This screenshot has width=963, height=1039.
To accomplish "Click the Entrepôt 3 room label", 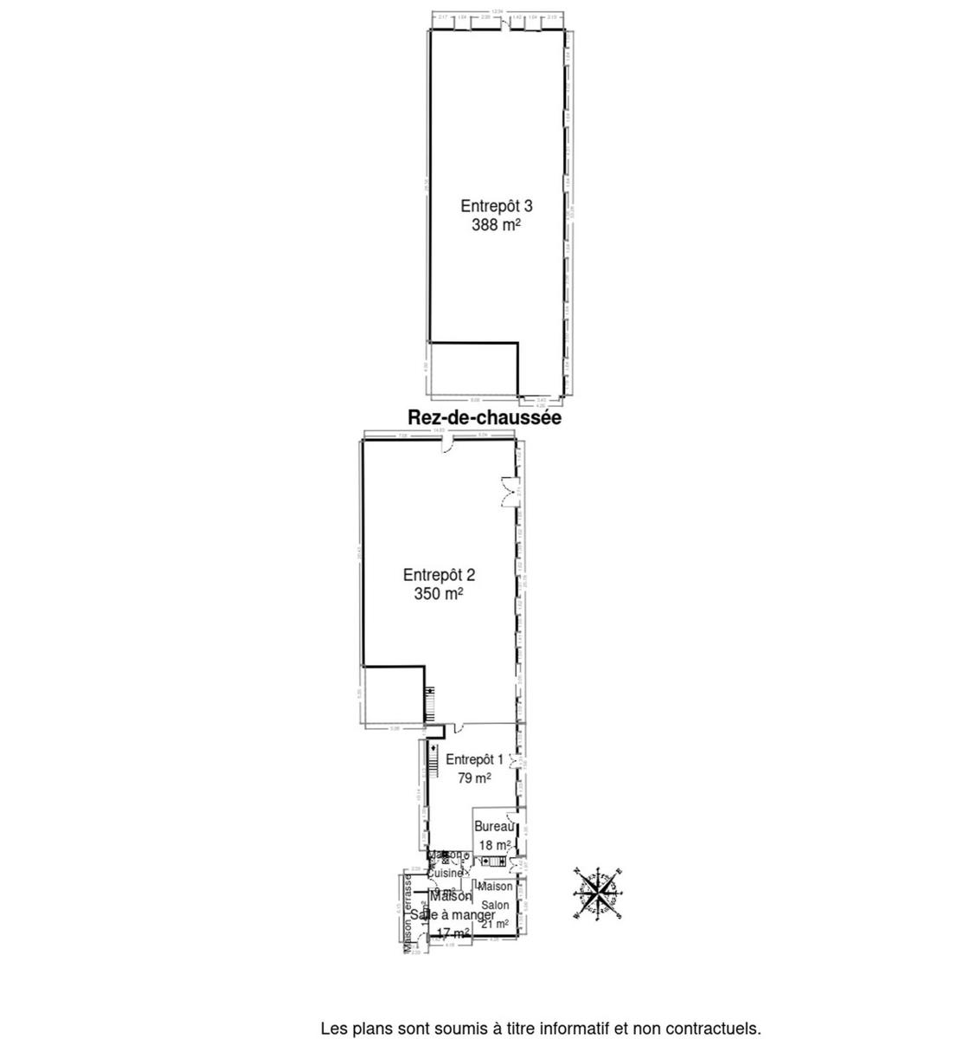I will pos(496,206).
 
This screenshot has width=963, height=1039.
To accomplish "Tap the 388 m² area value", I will pos(496,225).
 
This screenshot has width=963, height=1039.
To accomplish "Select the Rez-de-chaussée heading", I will pos(485,418).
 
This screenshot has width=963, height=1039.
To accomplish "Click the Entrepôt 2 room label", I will pos(439,574).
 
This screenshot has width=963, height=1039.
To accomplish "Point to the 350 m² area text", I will pos(439,594).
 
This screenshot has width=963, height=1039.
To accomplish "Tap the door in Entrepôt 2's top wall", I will pos(447,445).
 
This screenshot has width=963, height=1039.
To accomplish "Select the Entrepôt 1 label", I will pos(474,759).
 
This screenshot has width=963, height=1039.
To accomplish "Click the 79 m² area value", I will pos(474,778).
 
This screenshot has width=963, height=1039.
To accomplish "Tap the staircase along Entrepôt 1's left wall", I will pos(425,771).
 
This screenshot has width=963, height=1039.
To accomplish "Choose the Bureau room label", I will pos(493,827).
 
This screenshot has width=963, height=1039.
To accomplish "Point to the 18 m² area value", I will pos(493,845).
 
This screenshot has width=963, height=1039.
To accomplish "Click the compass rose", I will pos(597,894).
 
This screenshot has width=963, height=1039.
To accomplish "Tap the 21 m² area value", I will pos(495,924).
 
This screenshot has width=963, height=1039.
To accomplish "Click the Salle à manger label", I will pos(453,915).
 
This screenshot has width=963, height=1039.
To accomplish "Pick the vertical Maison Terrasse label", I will pos(407,914).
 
